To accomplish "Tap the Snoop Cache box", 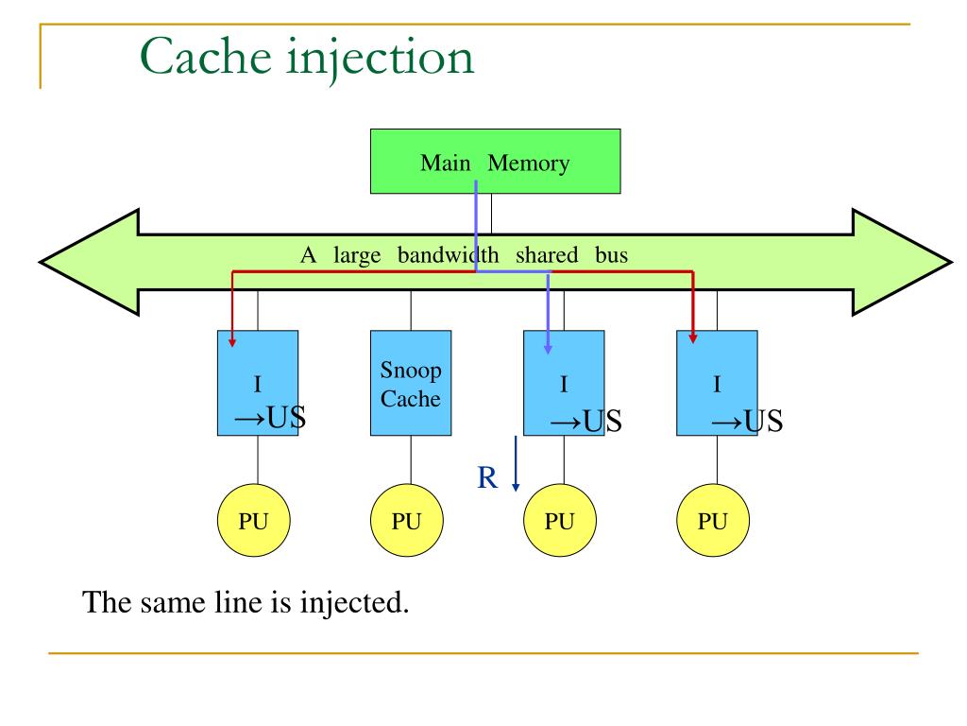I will coord(410,383).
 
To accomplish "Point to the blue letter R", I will coord(487,477).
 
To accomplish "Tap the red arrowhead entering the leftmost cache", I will coord(233,337).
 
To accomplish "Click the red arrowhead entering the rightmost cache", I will coord(693,337).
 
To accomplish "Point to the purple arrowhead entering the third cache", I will coord(549,349).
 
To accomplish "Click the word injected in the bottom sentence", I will coord(353,602).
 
